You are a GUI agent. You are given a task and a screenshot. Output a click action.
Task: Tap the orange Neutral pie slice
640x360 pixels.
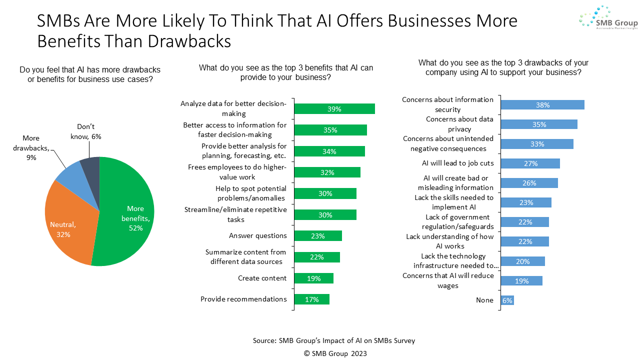67,220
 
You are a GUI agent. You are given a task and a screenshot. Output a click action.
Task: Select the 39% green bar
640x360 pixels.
334,109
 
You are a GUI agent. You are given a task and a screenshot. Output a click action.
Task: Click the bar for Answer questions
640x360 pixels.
318,236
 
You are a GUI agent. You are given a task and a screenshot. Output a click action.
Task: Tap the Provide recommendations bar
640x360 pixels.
311,299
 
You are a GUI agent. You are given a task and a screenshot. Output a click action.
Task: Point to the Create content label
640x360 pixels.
262,278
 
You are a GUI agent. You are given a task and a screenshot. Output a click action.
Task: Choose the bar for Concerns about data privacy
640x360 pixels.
539,124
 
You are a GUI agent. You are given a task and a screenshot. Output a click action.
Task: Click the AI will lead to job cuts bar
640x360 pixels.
530,163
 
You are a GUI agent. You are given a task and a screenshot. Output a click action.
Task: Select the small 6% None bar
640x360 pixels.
507,300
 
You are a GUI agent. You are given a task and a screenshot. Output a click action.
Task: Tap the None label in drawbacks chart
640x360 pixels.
484,300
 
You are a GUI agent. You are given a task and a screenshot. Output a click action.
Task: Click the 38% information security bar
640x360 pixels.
542,105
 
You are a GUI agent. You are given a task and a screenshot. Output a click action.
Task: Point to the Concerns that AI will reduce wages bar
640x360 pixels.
521,280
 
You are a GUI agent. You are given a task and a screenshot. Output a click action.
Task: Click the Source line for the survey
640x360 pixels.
334,340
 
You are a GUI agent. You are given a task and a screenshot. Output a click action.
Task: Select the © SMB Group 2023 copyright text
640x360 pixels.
335,353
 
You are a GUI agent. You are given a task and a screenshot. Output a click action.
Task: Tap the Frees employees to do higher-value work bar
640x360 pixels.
327,172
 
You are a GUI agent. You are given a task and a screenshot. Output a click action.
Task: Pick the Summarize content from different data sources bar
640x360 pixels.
317,257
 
